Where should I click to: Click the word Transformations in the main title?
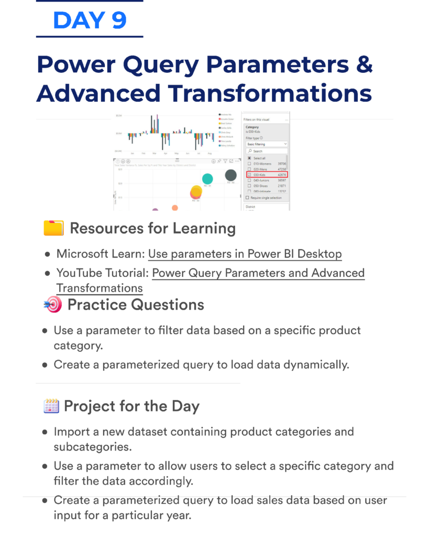(270, 93)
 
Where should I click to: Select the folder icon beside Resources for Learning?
(53, 229)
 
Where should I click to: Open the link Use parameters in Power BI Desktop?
(245, 254)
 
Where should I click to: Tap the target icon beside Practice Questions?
(52, 305)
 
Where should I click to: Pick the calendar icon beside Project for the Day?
(51, 406)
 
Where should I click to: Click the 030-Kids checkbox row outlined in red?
(267, 175)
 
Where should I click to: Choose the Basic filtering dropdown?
(267, 144)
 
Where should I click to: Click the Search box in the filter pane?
(267, 151)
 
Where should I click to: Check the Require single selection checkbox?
(248, 198)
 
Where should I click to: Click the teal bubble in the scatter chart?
(207, 179)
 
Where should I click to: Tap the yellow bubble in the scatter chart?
(196, 192)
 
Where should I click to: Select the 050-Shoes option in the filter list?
(262, 186)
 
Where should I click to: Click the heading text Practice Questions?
(136, 305)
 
